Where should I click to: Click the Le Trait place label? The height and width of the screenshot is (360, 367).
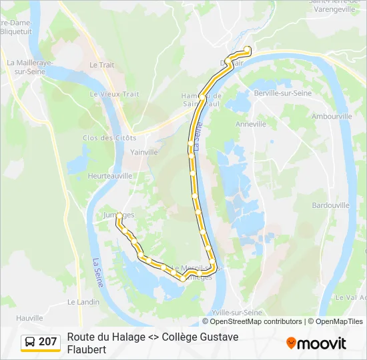coord(101,65)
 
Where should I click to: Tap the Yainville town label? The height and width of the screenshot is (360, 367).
coord(144,152)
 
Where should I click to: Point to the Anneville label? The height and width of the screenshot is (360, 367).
coord(251,124)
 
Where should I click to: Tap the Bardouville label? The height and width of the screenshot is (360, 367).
coord(330,205)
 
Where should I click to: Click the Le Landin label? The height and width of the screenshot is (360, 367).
coord(83,301)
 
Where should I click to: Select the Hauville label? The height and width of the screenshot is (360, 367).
coord(29,318)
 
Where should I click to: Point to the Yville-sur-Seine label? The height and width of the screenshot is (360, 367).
coord(236,312)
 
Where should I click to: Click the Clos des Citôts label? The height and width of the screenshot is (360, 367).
coord(109,137)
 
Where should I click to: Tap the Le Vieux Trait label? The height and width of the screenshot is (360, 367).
coord(115,94)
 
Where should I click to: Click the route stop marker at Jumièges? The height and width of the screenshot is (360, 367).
coord(119,215)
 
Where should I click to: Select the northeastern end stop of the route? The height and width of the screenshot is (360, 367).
coord(248,49)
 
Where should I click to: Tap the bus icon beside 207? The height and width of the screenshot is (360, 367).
coord(31,342)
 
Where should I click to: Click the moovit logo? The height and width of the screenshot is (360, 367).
coord(316,343)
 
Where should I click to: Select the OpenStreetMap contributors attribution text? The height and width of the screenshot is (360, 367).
coord(256,321)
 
